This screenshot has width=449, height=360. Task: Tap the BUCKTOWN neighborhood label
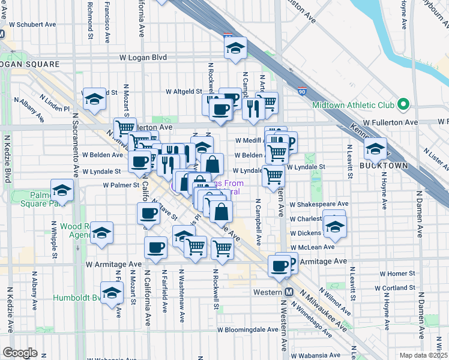(x=384, y=165)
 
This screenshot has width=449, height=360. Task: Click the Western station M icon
(x=289, y=292)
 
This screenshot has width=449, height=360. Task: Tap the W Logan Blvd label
(x=142, y=58)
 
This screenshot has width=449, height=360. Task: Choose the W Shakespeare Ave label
(x=319, y=204)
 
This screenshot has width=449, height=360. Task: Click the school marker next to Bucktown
(x=375, y=149)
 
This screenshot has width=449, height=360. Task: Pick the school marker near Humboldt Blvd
(x=111, y=293)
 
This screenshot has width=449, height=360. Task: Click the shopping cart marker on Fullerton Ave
(x=125, y=128)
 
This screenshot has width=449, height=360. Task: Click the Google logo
(x=20, y=353)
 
